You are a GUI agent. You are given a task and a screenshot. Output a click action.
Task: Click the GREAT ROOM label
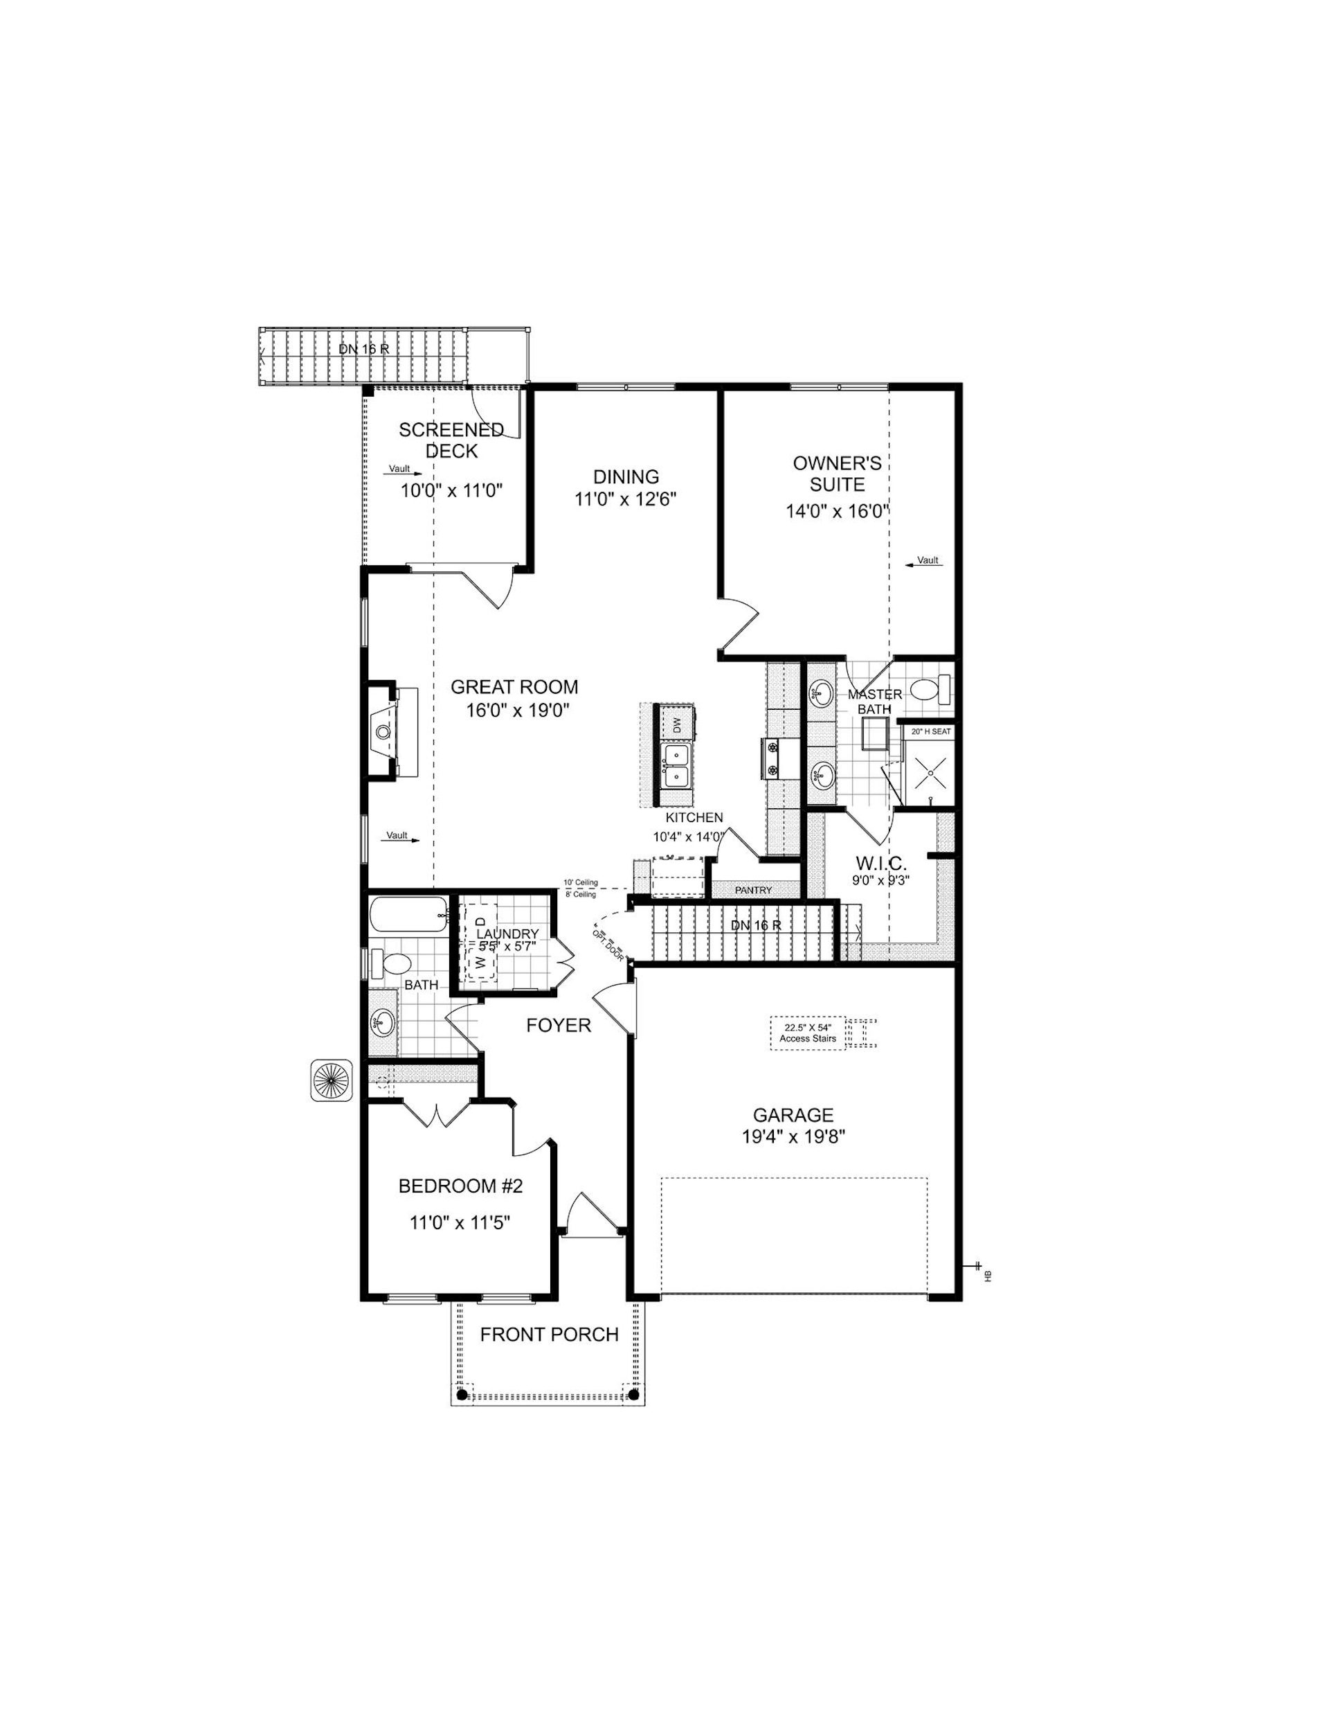pyautogui.click(x=514, y=687)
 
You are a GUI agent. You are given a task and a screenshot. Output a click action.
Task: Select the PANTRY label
pyautogui.click(x=753, y=891)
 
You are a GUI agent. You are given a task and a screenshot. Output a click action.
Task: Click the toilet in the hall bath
pyautogui.click(x=392, y=963)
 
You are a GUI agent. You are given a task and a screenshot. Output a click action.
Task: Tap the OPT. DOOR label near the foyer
pyautogui.click(x=607, y=944)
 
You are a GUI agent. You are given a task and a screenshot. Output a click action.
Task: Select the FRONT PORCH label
pyautogui.click(x=549, y=1335)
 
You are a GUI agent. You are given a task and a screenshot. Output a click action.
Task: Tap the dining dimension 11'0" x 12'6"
pyautogui.click(x=626, y=499)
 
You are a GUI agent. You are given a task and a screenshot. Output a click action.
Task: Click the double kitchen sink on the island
pyautogui.click(x=676, y=766)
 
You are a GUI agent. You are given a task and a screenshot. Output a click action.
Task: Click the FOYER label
pyautogui.click(x=559, y=1025)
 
